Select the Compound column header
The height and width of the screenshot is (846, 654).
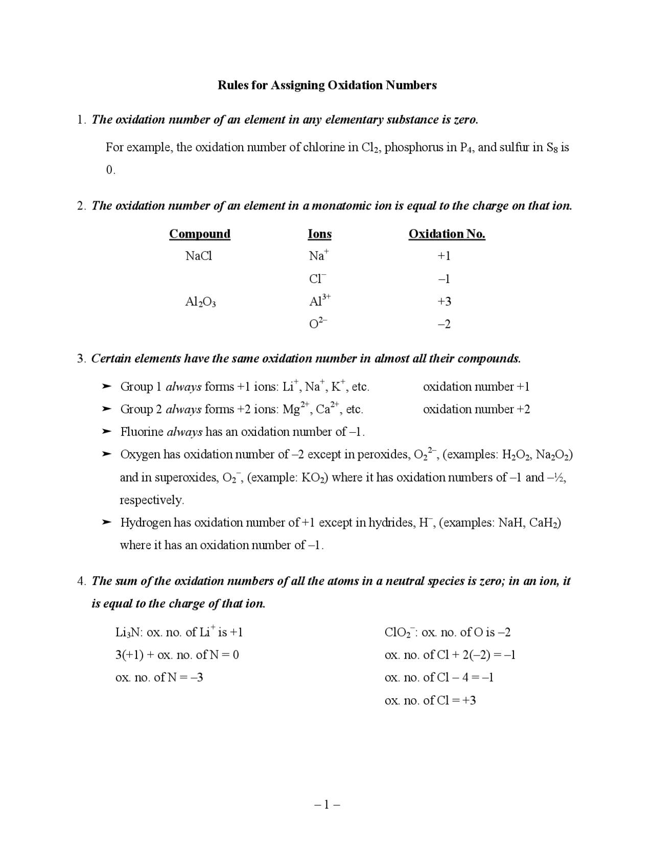[x=199, y=234]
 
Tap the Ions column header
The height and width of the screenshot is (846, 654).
[x=319, y=234]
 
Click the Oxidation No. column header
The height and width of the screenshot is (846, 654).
[x=447, y=234]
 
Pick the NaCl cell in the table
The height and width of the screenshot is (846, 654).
[x=198, y=256]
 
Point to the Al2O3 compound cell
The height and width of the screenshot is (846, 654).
[x=200, y=302]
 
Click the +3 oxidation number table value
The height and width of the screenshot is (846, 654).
[x=444, y=301]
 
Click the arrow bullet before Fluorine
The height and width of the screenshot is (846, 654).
[x=106, y=432]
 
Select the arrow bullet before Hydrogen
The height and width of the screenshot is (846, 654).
[x=106, y=522]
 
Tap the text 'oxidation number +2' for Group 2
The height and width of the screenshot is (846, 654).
[x=476, y=409]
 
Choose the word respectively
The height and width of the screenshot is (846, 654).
[x=152, y=500]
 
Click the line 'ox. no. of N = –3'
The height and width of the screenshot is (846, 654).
[x=159, y=677]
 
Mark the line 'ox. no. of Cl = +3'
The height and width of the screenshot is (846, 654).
[x=430, y=700]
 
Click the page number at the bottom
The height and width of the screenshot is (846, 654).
[x=327, y=805]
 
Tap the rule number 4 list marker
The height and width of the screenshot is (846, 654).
[x=81, y=581]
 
